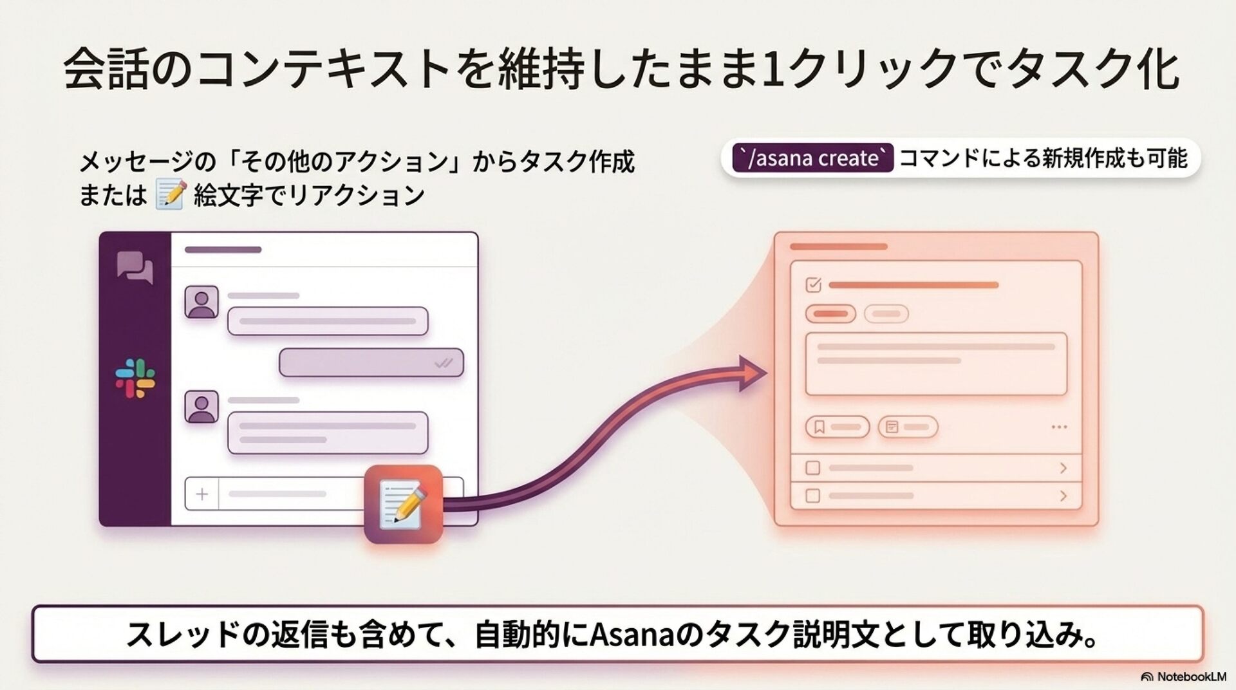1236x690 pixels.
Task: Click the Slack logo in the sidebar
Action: pyautogui.click(x=135, y=378)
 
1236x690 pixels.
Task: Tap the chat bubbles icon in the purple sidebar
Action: pyautogui.click(x=135, y=268)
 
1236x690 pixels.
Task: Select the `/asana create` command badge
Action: pyautogui.click(x=813, y=158)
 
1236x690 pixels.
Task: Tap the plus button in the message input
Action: pyautogui.click(x=202, y=494)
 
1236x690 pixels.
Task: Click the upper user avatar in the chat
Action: pyautogui.click(x=201, y=303)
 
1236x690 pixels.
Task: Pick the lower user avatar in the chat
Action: pyautogui.click(x=201, y=407)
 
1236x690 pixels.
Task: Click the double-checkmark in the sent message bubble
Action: pyautogui.click(x=444, y=364)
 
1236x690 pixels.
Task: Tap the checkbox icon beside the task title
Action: pyautogui.click(x=814, y=284)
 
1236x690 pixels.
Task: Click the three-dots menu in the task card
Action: pyautogui.click(x=1059, y=427)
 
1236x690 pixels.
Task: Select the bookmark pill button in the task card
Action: pyautogui.click(x=838, y=427)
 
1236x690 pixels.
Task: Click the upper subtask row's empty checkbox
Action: pyautogui.click(x=813, y=468)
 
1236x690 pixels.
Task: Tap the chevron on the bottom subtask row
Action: pyautogui.click(x=1063, y=496)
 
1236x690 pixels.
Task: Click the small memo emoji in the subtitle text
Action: pyautogui.click(x=171, y=195)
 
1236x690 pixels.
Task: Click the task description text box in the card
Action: pyautogui.click(x=936, y=364)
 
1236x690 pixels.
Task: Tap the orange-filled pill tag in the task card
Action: pyautogui.click(x=830, y=314)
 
